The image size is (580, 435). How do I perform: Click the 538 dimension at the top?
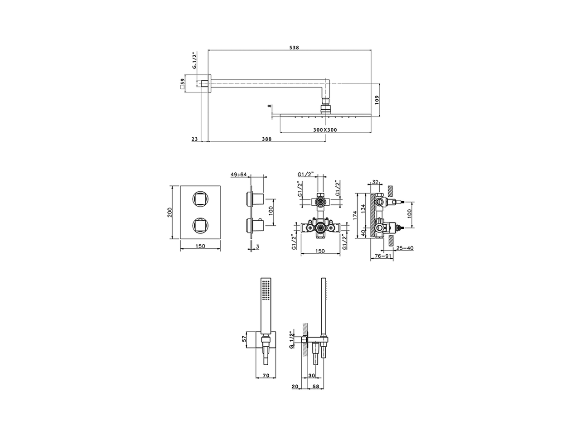295,48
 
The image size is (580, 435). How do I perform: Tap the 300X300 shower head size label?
325,130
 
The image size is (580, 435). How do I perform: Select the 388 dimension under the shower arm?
266,139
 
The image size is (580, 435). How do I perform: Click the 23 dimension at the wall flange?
195,139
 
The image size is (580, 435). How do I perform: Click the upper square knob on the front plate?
200,198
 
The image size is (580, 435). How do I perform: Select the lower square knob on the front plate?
200,225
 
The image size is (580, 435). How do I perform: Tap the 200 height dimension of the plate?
170,212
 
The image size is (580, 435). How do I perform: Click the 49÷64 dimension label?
239,174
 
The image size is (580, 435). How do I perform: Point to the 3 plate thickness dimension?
257,246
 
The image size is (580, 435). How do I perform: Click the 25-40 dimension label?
404,248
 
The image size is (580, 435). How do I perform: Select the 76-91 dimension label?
382,256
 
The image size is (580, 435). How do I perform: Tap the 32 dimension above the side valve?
375,182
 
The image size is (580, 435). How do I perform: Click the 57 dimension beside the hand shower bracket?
244,338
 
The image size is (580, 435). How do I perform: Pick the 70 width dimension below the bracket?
266,376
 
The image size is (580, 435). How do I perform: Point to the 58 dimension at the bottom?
316,386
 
